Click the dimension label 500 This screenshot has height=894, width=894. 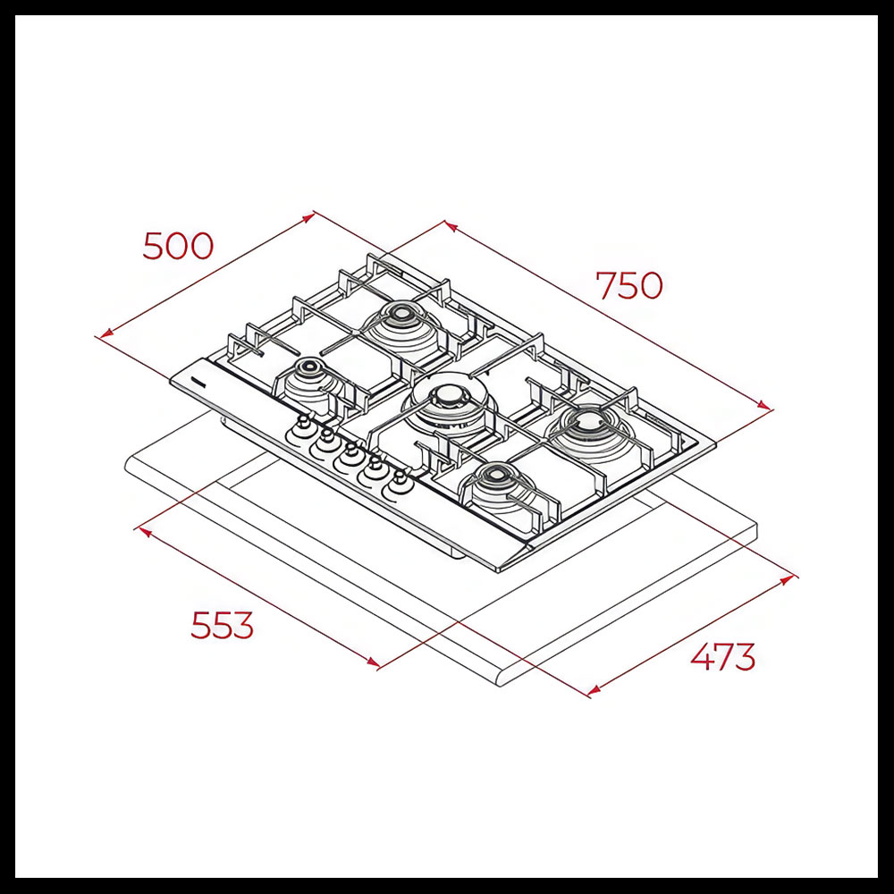(178, 246)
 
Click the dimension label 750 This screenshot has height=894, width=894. (629, 285)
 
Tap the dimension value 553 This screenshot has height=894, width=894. (222, 625)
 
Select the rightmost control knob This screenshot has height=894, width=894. (401, 483)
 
